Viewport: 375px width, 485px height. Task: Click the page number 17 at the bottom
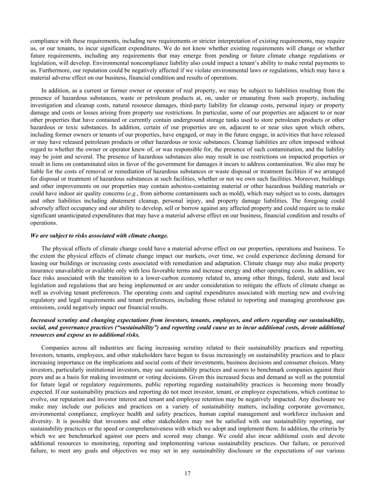(187, 473)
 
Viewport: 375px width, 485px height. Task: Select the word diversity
(41, 421)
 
